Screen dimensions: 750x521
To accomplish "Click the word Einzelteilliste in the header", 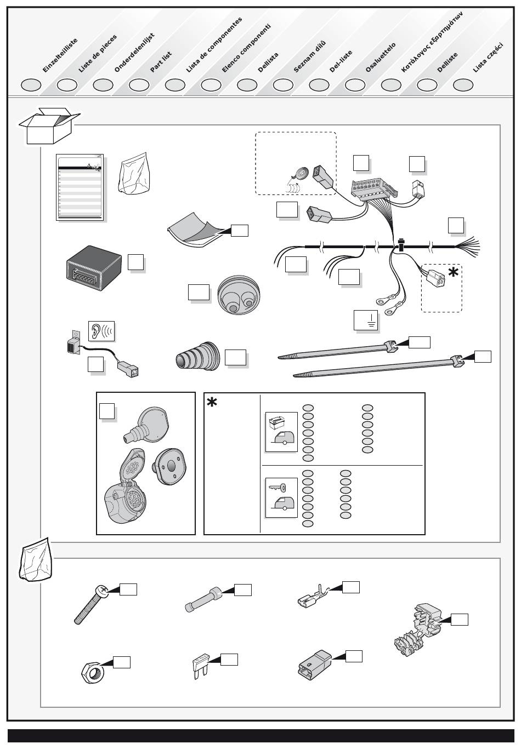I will click(x=60, y=56).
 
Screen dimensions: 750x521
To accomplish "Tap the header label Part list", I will click(x=161, y=62).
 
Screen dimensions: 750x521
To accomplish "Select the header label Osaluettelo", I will click(x=380, y=58).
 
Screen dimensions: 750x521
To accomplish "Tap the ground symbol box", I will click(x=367, y=320).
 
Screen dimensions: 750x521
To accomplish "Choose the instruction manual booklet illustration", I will click(x=80, y=187).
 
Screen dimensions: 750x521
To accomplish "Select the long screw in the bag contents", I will click(x=93, y=604).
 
